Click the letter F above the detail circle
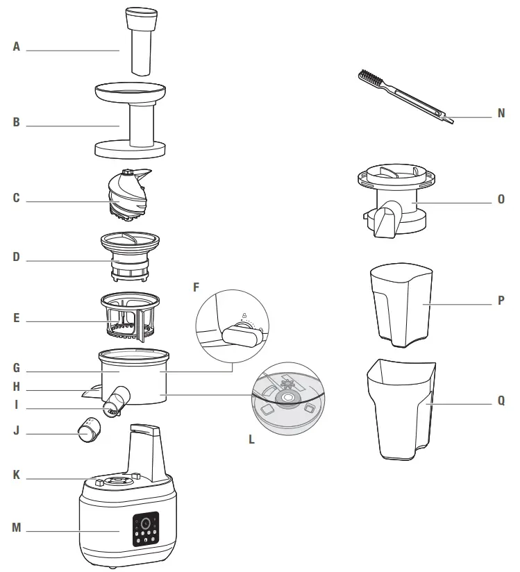coord(196,285)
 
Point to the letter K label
coord(17,476)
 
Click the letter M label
coord(17,528)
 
